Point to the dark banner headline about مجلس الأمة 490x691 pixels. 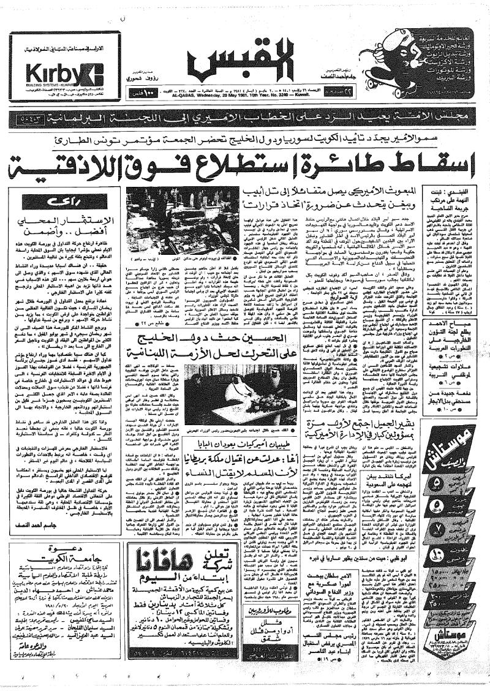click(x=245, y=116)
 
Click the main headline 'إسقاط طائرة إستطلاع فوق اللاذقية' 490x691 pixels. click(x=245, y=162)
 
